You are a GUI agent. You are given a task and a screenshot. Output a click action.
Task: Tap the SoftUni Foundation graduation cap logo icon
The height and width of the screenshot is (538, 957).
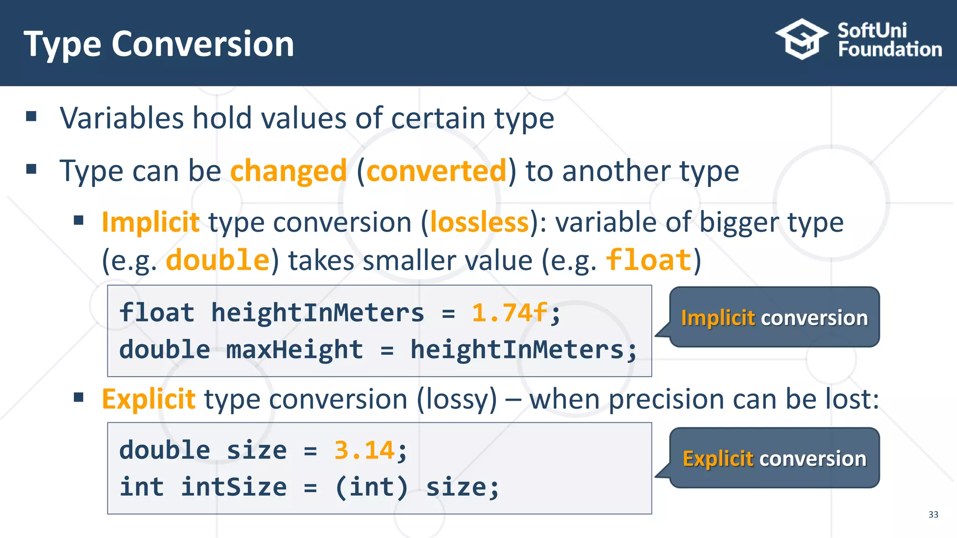[x=802, y=39]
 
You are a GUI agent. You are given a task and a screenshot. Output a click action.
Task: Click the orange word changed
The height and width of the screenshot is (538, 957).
[x=288, y=171]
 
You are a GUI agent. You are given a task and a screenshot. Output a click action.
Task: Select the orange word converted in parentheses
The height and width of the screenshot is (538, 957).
[x=436, y=171]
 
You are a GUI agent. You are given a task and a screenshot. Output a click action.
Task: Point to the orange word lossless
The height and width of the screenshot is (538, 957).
[x=479, y=222]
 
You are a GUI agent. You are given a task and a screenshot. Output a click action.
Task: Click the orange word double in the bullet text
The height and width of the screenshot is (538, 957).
[x=218, y=260]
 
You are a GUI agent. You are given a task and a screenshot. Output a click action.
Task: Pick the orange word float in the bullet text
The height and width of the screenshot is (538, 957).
[x=649, y=260]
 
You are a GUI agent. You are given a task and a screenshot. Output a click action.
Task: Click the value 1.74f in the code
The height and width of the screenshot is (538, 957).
[x=509, y=312]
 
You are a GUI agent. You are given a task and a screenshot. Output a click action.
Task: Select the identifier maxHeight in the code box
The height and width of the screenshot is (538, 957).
[x=294, y=349]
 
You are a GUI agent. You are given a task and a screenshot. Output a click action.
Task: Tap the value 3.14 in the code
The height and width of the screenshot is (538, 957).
[x=364, y=451]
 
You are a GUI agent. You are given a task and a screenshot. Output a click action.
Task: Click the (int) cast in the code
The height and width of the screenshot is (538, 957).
[x=371, y=487]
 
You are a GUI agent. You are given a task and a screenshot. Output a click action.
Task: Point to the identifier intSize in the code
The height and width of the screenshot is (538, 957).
[x=234, y=487]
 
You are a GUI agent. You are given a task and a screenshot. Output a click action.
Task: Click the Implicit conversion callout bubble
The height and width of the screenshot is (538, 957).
[x=774, y=318]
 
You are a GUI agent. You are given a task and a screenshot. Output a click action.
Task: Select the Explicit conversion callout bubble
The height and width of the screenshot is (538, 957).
[x=774, y=459]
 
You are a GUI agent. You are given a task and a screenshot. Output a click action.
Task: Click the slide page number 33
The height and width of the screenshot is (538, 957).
[x=933, y=515]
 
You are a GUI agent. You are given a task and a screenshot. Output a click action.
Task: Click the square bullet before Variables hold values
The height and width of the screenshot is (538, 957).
[x=31, y=116]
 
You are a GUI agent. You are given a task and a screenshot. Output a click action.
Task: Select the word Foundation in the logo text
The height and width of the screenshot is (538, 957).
[x=890, y=50]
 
